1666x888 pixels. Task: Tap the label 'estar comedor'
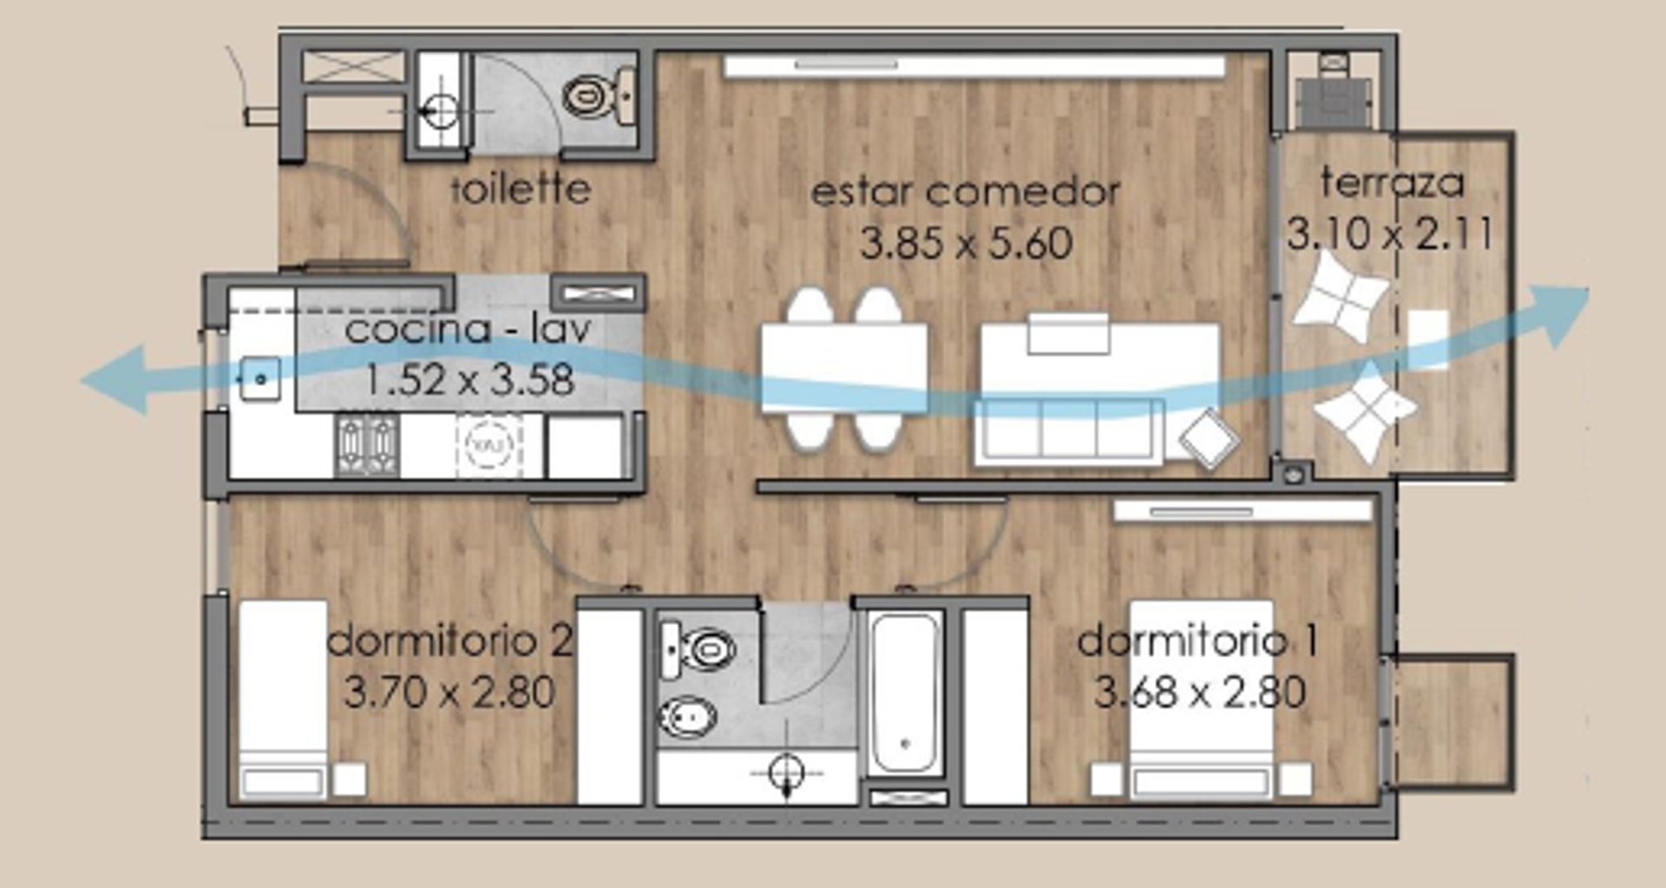point(965,192)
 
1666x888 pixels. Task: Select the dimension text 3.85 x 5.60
point(966,244)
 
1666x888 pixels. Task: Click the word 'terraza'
point(1392,183)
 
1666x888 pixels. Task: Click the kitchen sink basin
point(259,379)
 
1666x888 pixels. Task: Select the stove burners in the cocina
point(368,445)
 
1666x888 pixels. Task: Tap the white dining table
point(843,368)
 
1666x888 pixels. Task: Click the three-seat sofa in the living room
point(1068,431)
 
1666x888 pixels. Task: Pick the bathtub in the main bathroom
point(905,694)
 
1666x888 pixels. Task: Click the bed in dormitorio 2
point(283,699)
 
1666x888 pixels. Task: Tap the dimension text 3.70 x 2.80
point(449,693)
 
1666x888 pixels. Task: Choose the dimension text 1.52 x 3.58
point(469,380)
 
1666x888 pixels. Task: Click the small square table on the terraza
point(1427,339)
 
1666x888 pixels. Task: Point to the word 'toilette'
point(521,188)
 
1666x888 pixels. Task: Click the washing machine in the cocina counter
point(489,445)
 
